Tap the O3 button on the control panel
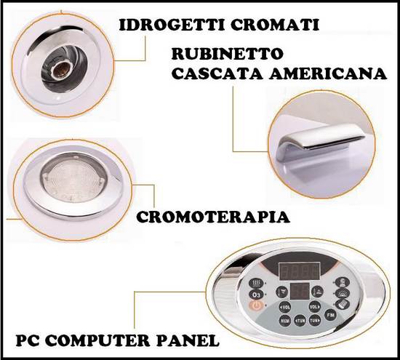(255, 295)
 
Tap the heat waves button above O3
(257, 283)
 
